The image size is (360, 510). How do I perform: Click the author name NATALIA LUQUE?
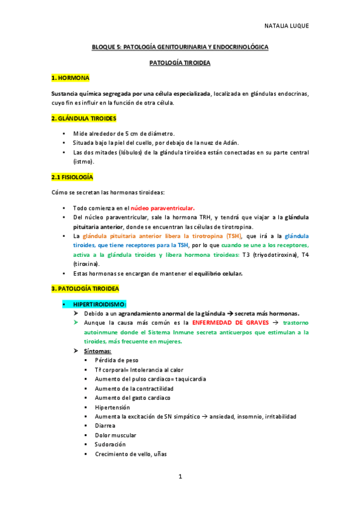(287, 26)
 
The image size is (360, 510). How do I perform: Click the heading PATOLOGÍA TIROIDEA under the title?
(180, 62)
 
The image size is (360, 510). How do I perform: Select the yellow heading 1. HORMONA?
(70, 78)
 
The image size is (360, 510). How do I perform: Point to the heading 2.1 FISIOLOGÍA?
(72, 177)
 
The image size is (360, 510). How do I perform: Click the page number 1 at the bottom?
(180, 476)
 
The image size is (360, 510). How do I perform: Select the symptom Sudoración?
(111, 444)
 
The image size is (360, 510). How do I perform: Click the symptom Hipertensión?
(112, 407)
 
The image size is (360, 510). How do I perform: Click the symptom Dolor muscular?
(115, 435)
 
